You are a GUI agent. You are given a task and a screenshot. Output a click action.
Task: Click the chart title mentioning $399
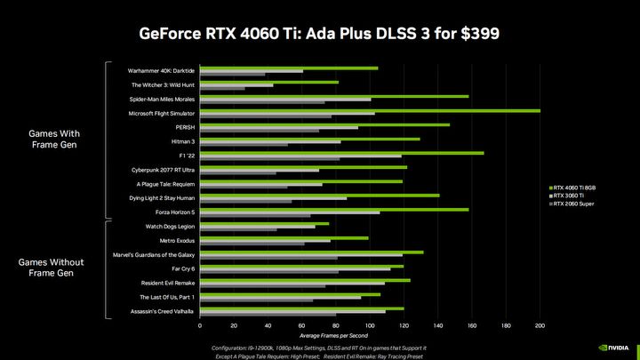pyautogui.click(x=319, y=34)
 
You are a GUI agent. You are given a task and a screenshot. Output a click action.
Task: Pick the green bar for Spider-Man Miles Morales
pyautogui.click(x=334, y=96)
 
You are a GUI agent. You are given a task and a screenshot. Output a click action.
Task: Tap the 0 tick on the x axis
pyautogui.click(x=201, y=325)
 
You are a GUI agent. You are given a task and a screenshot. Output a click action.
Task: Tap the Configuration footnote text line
pyautogui.click(x=319, y=347)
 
